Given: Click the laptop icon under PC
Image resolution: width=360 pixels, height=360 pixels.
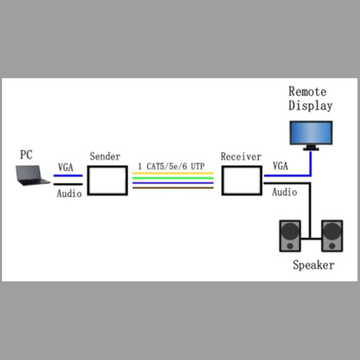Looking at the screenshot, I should coord(33,175).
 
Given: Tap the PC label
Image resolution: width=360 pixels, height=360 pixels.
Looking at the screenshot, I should coord(26,155).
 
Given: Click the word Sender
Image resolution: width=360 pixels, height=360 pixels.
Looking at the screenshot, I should coord(105,157).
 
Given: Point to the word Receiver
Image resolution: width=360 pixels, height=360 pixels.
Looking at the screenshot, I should coord(241,157).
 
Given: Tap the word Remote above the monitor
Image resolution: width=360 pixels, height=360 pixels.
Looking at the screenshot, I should coord(308,92).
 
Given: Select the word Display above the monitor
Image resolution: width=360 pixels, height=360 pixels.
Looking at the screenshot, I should coord(311,105).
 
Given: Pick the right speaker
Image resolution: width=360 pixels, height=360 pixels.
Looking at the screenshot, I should coord(331,236).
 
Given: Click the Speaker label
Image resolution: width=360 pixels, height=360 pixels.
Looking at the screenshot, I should coord(313,265).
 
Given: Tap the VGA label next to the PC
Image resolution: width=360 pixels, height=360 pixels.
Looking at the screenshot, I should coord(65,167).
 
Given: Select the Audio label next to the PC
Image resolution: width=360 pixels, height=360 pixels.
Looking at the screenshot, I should coord(69,194).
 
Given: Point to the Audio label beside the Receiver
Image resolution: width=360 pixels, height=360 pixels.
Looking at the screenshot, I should coord(285,192).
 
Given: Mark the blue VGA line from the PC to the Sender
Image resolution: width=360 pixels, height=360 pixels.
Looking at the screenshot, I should coord(68,175).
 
